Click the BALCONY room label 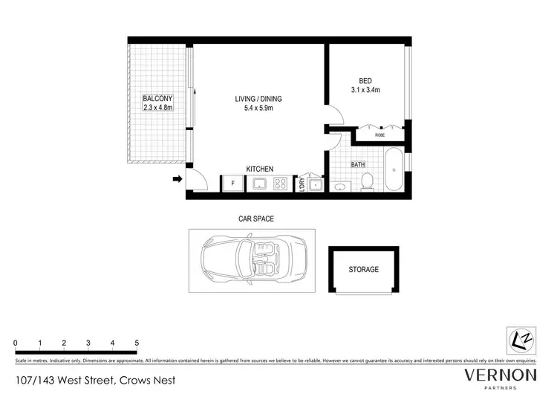(157, 98)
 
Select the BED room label (365, 81)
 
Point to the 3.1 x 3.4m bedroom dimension (365, 91)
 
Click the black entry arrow (177, 178)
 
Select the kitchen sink (261, 184)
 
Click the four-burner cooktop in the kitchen (283, 184)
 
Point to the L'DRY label (302, 184)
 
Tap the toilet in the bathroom (366, 181)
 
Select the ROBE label (380, 135)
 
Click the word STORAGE (364, 270)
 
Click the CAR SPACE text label (255, 219)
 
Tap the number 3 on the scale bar (88, 343)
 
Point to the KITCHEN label (260, 169)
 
